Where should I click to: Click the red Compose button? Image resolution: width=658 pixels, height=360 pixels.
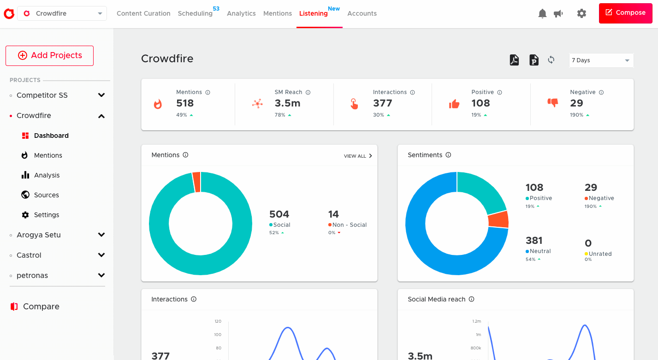point(625,13)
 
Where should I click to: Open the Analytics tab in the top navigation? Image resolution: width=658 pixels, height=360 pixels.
point(241,13)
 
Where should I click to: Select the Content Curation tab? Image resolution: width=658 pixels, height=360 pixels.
point(143,13)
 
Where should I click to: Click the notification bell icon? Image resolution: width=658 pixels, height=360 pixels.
point(542,14)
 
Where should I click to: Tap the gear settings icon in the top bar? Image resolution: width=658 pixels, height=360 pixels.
point(581,14)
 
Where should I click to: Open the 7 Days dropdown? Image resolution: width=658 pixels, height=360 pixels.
point(601,60)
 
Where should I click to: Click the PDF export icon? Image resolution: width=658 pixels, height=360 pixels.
point(514,60)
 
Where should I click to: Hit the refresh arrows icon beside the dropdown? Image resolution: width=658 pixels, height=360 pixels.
point(551,60)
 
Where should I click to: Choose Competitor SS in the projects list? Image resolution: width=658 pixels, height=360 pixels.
point(42,95)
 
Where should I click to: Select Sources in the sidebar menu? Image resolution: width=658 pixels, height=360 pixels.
point(46,195)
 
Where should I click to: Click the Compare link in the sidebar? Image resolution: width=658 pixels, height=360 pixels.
point(41,307)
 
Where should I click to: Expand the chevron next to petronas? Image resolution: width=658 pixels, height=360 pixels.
point(101,275)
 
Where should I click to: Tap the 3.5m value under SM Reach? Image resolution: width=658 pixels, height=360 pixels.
point(288,103)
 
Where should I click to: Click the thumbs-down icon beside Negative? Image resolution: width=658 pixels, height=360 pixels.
point(552,103)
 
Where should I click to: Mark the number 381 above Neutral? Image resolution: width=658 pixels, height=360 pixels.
point(534,240)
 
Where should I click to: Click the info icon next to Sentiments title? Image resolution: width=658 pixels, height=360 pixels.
point(448,155)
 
